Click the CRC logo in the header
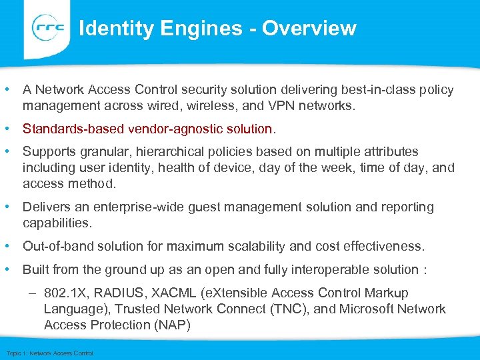coord(48,28)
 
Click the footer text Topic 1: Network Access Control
coord(49,353)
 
